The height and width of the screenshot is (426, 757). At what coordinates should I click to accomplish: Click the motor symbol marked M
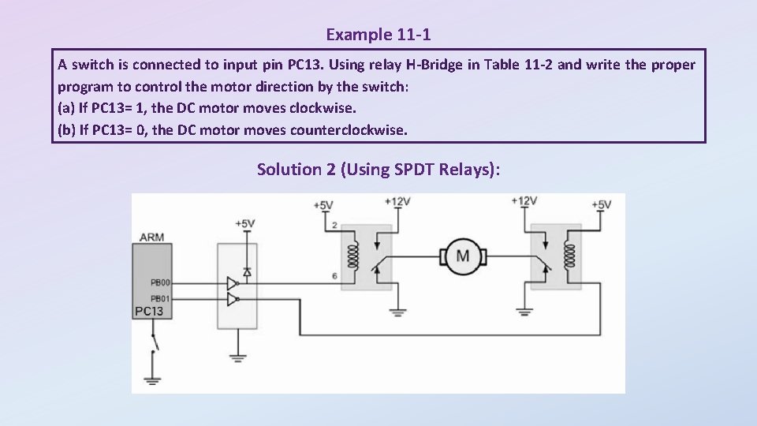463,256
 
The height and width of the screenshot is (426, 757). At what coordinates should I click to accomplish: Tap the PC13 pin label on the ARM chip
149,312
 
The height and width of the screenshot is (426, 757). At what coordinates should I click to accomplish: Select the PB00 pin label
160,282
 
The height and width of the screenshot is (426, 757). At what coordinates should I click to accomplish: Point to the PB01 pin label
160,298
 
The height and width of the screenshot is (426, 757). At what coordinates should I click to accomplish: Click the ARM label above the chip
151,237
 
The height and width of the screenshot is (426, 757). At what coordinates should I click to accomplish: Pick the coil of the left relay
344,256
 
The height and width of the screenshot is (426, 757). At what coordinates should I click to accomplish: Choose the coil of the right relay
570,256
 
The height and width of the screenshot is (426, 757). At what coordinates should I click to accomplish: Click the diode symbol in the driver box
246,271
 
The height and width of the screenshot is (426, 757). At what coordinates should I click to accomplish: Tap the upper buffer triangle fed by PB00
232,283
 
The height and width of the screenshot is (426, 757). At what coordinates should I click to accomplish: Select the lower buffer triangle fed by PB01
232,299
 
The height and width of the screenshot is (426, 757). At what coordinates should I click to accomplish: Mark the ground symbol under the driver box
238,360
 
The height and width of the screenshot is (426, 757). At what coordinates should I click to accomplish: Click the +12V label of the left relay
397,202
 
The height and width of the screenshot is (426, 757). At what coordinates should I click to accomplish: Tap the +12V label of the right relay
524,201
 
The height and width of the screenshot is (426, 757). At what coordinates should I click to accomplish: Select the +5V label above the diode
244,224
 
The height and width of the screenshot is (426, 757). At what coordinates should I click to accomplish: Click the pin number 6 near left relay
334,275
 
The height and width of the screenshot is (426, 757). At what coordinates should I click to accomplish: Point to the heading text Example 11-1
378,35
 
